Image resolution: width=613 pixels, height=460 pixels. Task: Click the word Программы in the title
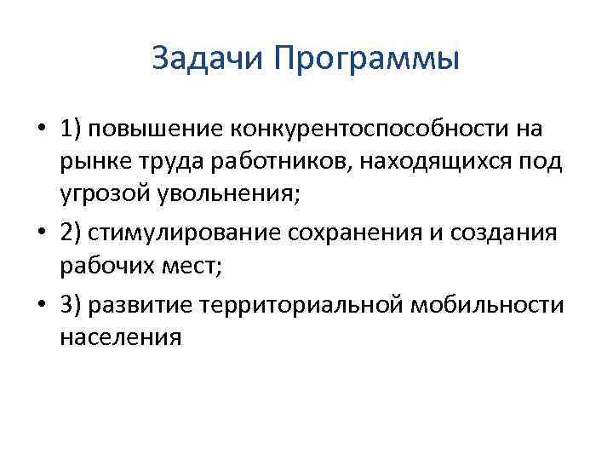pos(368,60)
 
